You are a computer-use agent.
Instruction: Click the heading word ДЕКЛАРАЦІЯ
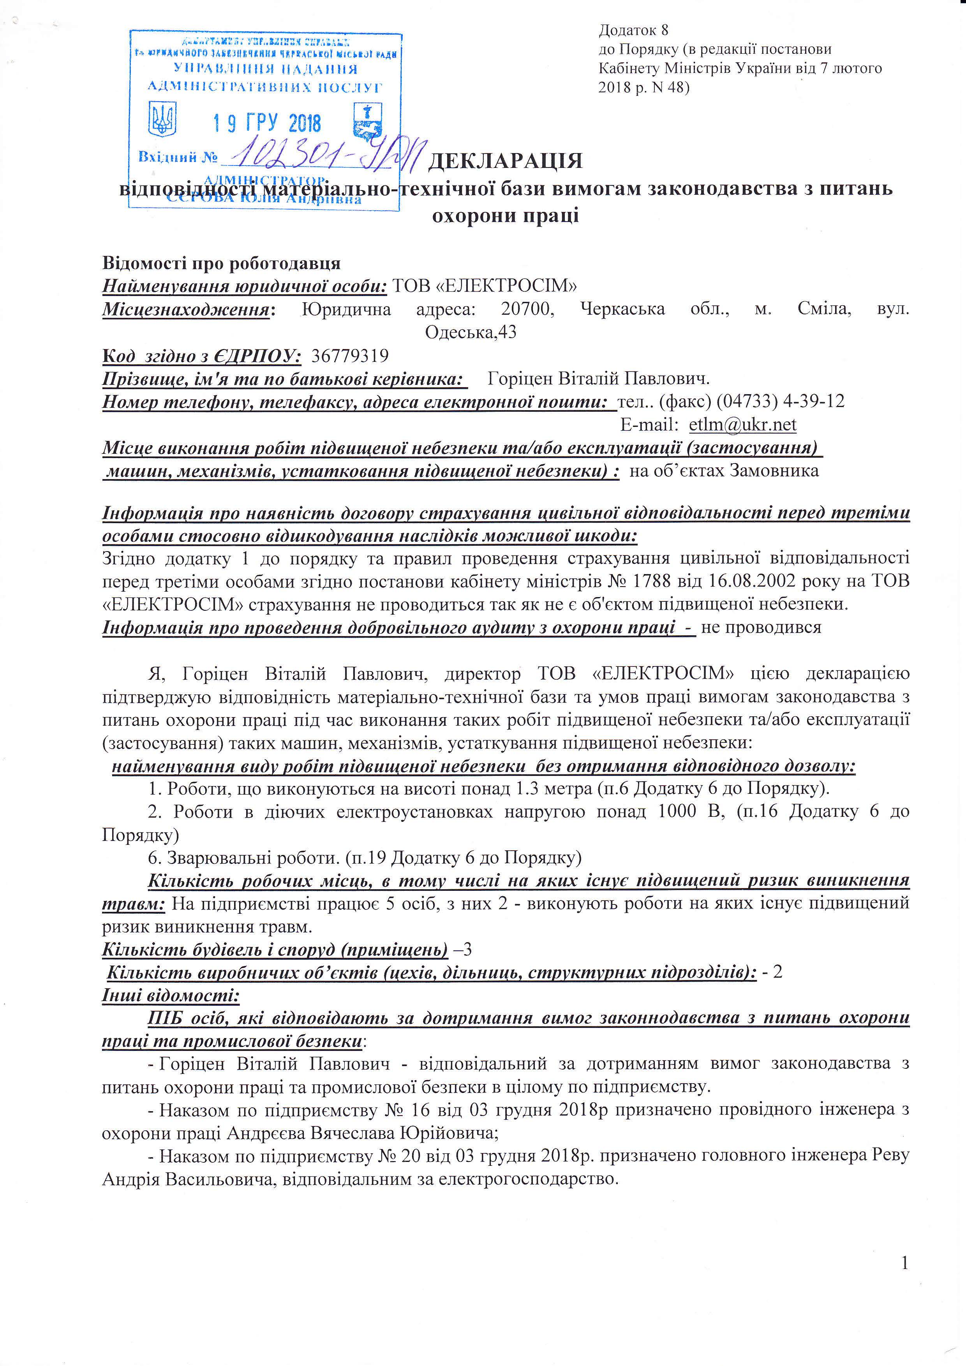(505, 160)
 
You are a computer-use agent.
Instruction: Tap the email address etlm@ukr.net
(742, 425)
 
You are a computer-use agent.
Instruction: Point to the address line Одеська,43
(471, 332)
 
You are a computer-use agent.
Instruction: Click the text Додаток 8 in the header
(634, 30)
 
